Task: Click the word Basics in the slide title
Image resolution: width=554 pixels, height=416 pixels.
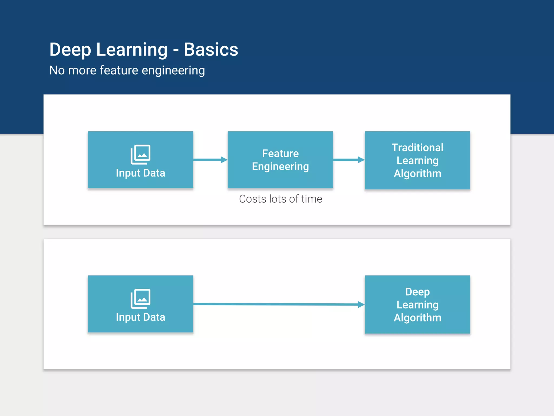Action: [x=211, y=50]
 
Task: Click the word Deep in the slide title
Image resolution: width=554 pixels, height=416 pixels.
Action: [x=70, y=50]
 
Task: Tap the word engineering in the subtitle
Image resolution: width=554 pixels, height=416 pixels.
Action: [x=173, y=71]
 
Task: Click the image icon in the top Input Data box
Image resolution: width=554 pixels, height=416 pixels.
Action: [x=140, y=154]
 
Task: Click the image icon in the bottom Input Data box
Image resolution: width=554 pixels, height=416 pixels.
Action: [x=140, y=298]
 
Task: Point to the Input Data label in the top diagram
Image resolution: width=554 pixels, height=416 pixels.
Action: [x=140, y=173]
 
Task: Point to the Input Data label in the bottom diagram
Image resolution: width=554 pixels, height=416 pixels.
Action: [x=140, y=317]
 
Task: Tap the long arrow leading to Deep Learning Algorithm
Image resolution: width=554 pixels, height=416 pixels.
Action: [x=279, y=304]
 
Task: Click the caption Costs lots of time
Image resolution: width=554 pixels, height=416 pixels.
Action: [x=280, y=199]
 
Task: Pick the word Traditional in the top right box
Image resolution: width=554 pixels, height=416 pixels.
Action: [x=417, y=148]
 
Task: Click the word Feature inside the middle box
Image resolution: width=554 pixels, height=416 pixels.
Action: [x=280, y=154]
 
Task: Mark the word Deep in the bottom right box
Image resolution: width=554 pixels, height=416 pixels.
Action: [x=417, y=292]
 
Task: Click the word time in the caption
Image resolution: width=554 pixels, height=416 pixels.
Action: [x=312, y=199]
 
